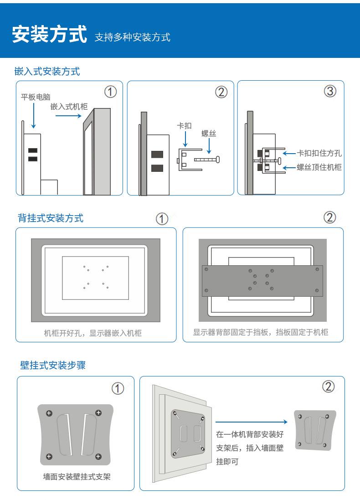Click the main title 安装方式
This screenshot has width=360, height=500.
[49, 34]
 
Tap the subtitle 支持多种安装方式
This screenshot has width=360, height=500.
[132, 37]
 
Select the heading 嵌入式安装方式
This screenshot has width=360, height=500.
[47, 71]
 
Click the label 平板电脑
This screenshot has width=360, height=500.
[36, 97]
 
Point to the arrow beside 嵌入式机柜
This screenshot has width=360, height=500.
[68, 115]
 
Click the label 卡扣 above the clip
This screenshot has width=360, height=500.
[184, 126]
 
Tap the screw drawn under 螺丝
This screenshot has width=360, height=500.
[207, 159]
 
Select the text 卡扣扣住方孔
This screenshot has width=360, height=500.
[319, 154]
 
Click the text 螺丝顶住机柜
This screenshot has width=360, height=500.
[319, 167]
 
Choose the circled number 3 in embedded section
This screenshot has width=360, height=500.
[330, 92]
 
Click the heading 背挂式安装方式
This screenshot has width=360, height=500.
[51, 218]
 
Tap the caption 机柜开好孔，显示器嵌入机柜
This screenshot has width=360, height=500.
[93, 333]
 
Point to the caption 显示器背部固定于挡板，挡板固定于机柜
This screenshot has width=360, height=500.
[261, 332]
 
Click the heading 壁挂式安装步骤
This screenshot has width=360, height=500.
[53, 365]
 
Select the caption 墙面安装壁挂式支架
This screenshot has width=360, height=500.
[77, 477]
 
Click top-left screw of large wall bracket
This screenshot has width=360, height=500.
[49, 413]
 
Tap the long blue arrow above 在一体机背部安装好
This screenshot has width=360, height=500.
[252, 422]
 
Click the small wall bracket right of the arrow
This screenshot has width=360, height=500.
[315, 430]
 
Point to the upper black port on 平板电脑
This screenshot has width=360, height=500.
[32, 151]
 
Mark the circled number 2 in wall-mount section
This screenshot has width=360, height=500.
[329, 387]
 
